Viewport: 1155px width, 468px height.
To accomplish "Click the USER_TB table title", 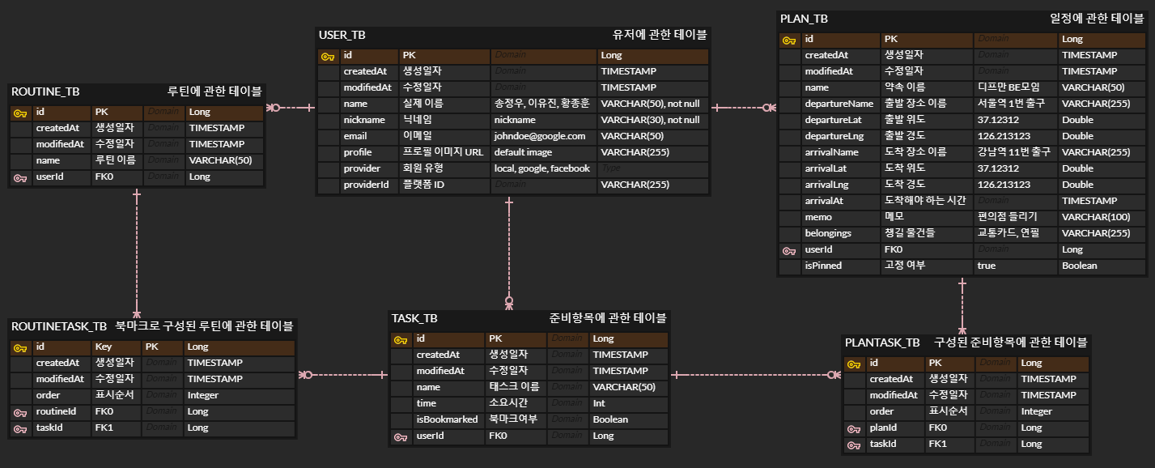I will pyautogui.click(x=342, y=36).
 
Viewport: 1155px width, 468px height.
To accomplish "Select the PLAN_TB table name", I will pyautogui.click(x=804, y=19).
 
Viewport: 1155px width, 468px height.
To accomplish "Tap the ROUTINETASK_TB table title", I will pyautogui.click(x=59, y=326).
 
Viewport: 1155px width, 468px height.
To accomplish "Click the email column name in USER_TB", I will pyautogui.click(x=355, y=136).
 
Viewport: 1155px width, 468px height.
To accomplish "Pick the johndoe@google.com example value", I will pyautogui.click(x=540, y=136).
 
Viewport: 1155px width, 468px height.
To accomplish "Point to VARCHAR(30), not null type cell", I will pyautogui.click(x=650, y=120).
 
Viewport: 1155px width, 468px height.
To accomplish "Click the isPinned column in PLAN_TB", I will pyautogui.click(x=823, y=266).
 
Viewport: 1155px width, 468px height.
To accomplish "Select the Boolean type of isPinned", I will pyautogui.click(x=1080, y=266).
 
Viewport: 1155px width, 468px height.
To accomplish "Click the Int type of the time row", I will pyautogui.click(x=599, y=403).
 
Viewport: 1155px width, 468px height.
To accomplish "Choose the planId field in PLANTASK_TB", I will pyautogui.click(x=885, y=428).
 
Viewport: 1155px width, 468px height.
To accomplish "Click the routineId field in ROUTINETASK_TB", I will pyautogui.click(x=56, y=411).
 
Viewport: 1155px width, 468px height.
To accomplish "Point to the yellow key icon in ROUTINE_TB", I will pyautogui.click(x=19, y=112).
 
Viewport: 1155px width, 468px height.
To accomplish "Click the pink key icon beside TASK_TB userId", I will pyautogui.click(x=400, y=436).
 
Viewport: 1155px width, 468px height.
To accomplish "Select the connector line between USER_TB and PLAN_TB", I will pyautogui.click(x=743, y=107).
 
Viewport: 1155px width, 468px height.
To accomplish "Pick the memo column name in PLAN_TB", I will pyautogui.click(x=818, y=217).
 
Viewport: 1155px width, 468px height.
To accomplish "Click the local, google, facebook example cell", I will pyautogui.click(x=541, y=168).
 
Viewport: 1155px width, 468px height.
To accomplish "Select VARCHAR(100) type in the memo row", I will pyautogui.click(x=1096, y=217).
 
